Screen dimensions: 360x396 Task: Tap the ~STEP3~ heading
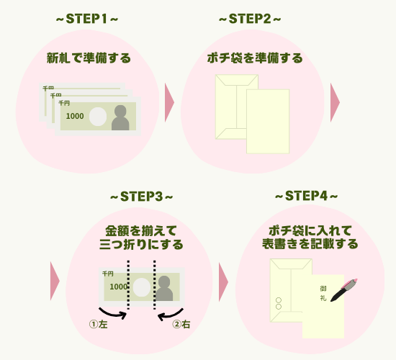click(141, 196)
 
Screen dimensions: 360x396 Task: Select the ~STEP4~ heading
click(307, 196)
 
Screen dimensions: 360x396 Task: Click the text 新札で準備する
click(89, 58)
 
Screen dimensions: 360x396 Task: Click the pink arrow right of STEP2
click(335, 104)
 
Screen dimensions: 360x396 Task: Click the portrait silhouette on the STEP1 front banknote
click(120, 117)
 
